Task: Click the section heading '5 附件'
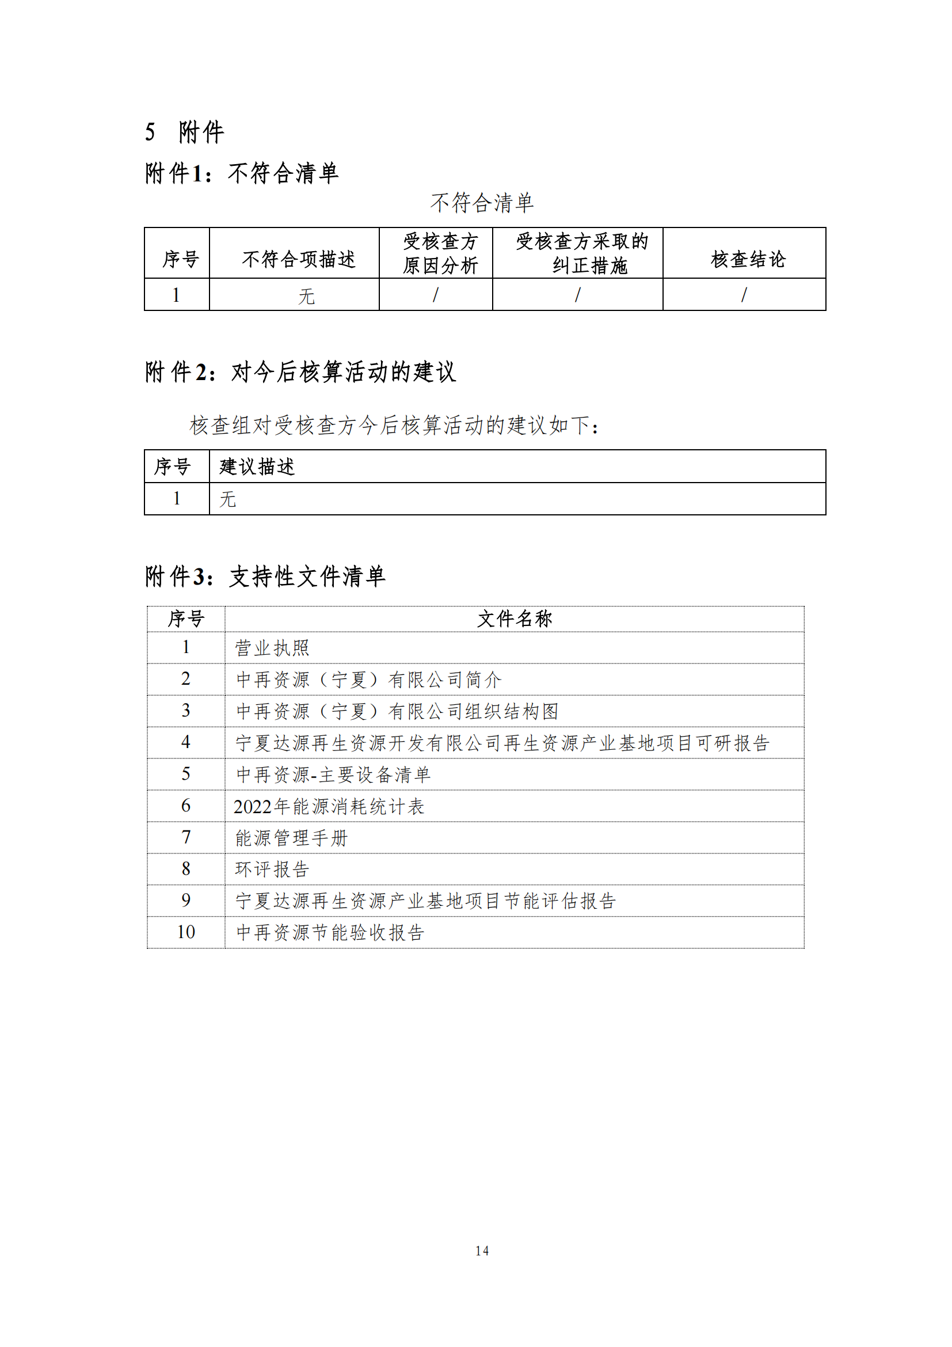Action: (x=184, y=132)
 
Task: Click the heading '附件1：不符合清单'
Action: (x=242, y=173)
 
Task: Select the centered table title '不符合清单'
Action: (x=481, y=203)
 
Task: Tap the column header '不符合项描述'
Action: (x=298, y=259)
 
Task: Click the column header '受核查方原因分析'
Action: (x=440, y=253)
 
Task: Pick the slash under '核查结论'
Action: (x=744, y=294)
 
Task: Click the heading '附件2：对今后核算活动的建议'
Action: (x=300, y=372)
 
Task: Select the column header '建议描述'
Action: (x=257, y=467)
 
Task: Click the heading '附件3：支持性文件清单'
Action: (x=265, y=576)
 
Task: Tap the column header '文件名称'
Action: (x=514, y=619)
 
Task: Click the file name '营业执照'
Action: (x=272, y=648)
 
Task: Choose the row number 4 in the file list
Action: (x=186, y=742)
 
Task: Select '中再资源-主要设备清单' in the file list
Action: (x=333, y=775)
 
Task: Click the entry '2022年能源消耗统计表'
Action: (x=328, y=807)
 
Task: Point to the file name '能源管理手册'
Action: (x=291, y=838)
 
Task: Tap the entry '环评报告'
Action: (x=272, y=869)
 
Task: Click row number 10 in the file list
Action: (x=186, y=932)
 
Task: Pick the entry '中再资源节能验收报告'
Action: (x=330, y=932)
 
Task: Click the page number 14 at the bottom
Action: (x=482, y=1251)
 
